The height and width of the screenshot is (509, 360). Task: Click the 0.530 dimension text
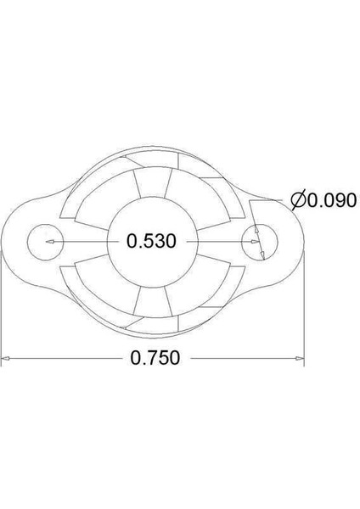[x=150, y=242]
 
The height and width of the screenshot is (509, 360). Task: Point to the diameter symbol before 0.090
[x=297, y=201]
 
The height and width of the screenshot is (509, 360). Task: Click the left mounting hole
[x=42, y=242]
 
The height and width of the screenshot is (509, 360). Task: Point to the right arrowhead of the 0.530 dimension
[x=253, y=242]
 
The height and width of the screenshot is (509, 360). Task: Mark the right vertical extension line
[x=303, y=314]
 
